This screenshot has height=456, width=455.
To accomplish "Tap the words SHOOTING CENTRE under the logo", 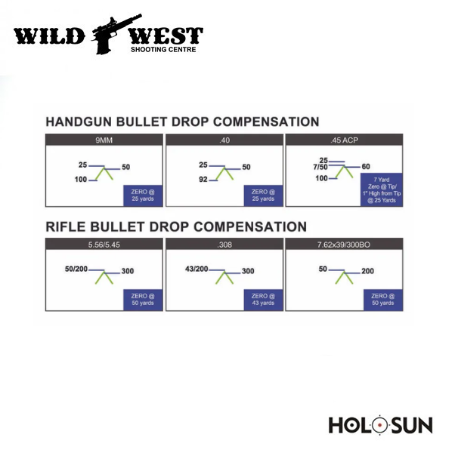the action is (x=163, y=49).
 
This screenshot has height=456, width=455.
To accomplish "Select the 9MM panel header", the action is (x=104, y=140).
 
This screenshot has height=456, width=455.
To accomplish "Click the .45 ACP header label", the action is (x=344, y=140).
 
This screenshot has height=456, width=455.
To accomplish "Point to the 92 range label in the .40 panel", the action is (x=203, y=180).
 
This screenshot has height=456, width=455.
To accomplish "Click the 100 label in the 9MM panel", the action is (x=81, y=180).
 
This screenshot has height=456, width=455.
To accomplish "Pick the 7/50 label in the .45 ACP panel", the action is (x=320, y=167).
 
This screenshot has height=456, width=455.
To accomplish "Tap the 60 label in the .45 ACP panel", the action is (x=366, y=167).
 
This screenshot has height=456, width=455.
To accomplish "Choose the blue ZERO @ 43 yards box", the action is (x=263, y=300).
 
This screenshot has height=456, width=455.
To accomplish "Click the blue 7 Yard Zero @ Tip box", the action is (x=382, y=189).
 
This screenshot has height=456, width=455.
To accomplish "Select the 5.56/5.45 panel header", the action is (x=104, y=245).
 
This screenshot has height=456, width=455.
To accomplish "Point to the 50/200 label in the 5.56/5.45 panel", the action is (x=76, y=269).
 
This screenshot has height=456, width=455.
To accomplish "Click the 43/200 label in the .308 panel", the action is (x=197, y=269).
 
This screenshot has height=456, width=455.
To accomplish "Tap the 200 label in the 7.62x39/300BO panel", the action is (x=367, y=271).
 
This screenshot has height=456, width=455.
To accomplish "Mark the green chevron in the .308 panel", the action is (x=224, y=277).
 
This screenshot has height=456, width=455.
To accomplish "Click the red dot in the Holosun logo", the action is (x=379, y=425).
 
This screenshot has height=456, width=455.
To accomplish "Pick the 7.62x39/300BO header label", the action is (x=344, y=245).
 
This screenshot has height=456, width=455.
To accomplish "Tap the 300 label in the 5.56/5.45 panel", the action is (x=128, y=271).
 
